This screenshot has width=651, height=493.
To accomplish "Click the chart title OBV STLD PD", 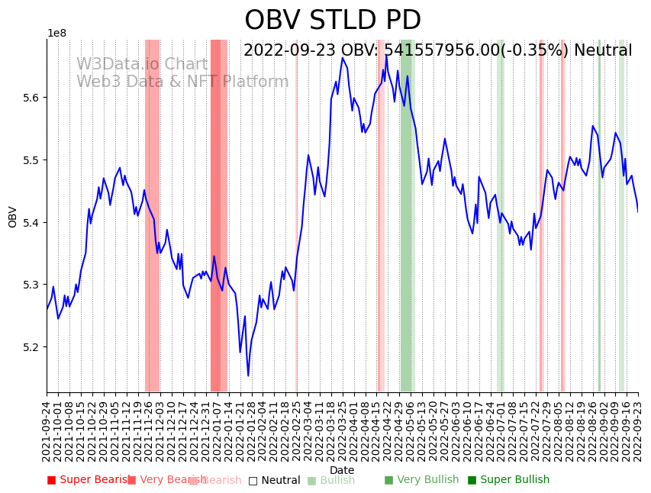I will point(332,21).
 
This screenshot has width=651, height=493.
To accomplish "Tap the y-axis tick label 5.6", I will point(31,98).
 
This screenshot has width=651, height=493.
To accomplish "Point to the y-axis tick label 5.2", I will point(31,347).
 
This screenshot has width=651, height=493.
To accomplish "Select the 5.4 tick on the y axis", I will point(31,223).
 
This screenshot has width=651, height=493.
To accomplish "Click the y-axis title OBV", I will point(13,217).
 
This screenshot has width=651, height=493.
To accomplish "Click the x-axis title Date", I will point(342,470).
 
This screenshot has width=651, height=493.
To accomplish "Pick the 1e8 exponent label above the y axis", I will point(56,34).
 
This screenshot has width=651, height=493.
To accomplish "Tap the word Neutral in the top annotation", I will point(602,51).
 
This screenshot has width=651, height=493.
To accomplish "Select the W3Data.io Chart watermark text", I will point(142,65).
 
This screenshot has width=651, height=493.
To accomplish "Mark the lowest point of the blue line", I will point(248,375).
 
